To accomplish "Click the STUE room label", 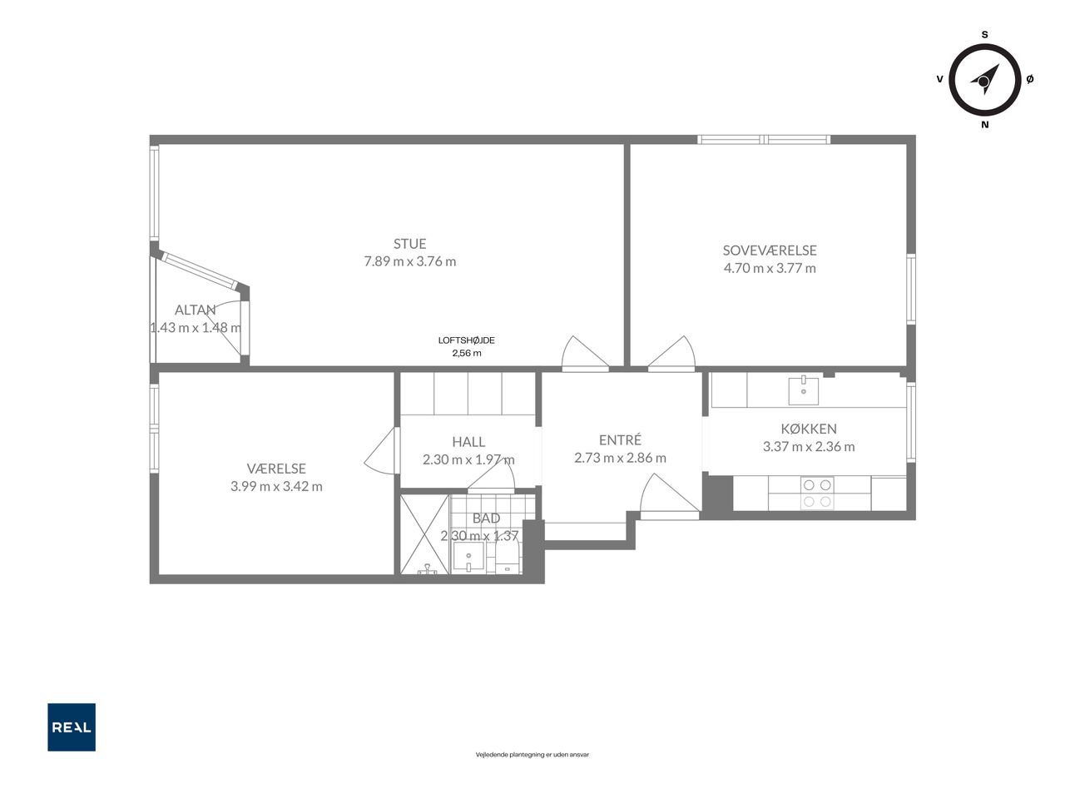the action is tap(409, 244).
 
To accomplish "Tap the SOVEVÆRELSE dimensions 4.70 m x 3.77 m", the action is tap(770, 268).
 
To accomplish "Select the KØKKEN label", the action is tap(809, 429).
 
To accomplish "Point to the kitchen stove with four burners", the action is tap(816, 493).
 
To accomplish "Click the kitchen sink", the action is tap(803, 390).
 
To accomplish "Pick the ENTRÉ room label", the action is tap(620, 440).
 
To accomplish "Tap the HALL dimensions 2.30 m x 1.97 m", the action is tap(468, 459).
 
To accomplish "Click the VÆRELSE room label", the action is tap(276, 469).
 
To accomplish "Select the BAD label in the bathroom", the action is tap(486, 519).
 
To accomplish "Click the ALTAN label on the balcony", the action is tap(195, 310).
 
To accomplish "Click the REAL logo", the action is tap(72, 727).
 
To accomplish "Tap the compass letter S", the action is tap(984, 34).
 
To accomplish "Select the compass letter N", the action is tap(985, 125).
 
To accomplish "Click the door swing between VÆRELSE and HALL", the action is tap(382, 451).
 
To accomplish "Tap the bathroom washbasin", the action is tap(468, 556).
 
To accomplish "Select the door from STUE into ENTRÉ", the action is tap(585, 353).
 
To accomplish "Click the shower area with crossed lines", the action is tap(424, 534).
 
